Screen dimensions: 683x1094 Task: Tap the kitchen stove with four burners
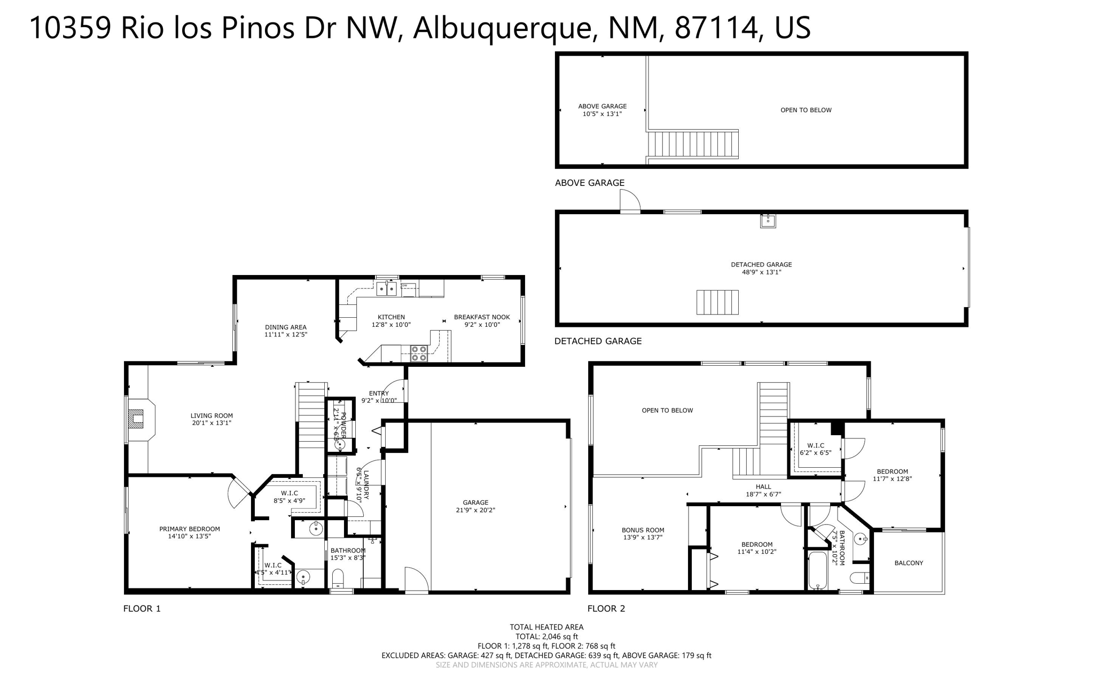click(418, 353)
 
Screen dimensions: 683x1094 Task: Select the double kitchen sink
click(386, 289)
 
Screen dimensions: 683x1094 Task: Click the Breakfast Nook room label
click(482, 320)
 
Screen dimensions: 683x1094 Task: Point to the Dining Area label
click(286, 331)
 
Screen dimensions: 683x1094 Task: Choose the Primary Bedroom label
click(189, 532)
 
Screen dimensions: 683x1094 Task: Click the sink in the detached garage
click(768, 221)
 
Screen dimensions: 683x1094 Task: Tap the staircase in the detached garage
click(717, 302)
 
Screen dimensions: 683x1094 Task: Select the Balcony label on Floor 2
click(908, 563)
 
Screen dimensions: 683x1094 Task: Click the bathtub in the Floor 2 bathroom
click(817, 571)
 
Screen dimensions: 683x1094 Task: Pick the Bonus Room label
click(643, 533)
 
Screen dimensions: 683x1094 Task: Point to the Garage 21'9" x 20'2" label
click(475, 506)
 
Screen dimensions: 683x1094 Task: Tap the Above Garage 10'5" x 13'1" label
click(602, 109)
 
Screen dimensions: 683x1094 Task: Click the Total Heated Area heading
click(546, 627)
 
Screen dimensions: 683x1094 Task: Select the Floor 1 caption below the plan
click(142, 608)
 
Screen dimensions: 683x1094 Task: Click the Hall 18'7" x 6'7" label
click(763, 490)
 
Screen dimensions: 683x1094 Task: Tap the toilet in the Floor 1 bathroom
click(338, 578)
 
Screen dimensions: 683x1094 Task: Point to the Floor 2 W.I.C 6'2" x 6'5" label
click(815, 449)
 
